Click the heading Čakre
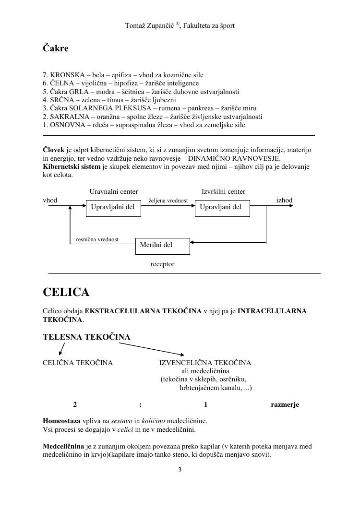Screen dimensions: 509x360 coord(56,48)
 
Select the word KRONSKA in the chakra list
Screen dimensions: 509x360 coord(66,75)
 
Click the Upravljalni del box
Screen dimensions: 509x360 coord(113,208)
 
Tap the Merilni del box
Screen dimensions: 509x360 coord(162,246)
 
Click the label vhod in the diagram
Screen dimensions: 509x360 coord(50,200)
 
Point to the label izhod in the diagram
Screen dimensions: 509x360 coord(284,200)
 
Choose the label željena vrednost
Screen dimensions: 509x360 coord(168,201)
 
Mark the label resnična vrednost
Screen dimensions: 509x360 coord(97,239)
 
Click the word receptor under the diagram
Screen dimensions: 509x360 coord(162,264)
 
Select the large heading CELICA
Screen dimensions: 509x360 coord(66,292)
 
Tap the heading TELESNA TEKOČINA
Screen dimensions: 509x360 coord(86,337)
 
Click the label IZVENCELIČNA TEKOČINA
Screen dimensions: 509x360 coord(205,363)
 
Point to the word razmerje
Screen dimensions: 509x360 coord(285,404)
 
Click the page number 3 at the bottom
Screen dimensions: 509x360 coord(180,470)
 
